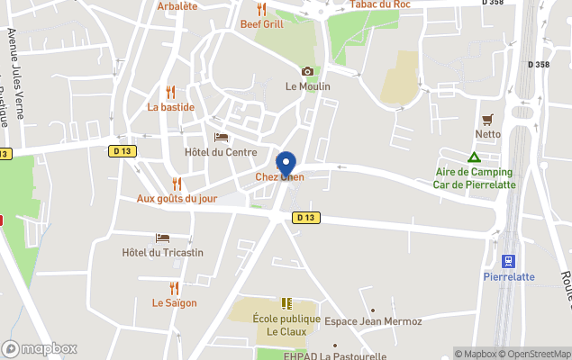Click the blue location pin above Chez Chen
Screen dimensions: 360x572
pos(286,164)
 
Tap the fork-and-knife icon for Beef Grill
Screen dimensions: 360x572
pos(262,9)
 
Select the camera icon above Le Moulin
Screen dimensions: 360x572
pos(307,71)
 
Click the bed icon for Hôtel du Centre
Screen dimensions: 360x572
pos(221,137)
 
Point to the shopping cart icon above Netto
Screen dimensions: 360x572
pos(488,119)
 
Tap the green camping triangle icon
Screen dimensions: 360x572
pos(474,157)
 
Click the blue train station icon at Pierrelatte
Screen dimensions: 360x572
pos(509,261)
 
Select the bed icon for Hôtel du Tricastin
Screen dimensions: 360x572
pos(162,238)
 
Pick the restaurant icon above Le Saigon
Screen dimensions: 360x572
pos(174,288)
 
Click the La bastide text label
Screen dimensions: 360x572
pos(171,106)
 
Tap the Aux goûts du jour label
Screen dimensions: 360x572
pos(177,199)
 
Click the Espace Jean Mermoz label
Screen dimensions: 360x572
pos(360,321)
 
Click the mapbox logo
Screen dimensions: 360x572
pos(40,348)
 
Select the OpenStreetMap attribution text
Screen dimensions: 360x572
pos(535,354)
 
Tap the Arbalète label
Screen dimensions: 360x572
pos(177,5)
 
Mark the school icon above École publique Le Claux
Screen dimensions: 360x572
pos(286,303)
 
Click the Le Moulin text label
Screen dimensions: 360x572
pos(308,86)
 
